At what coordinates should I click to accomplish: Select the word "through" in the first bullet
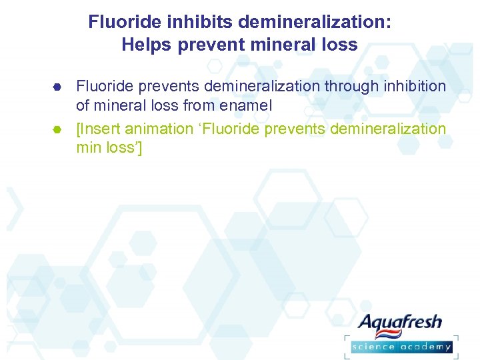(x=353, y=86)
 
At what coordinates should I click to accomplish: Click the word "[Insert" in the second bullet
(x=98, y=129)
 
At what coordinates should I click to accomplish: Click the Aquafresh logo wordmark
(x=401, y=323)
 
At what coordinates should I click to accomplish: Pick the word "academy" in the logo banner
(x=427, y=346)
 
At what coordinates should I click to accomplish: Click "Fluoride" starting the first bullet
(x=103, y=86)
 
